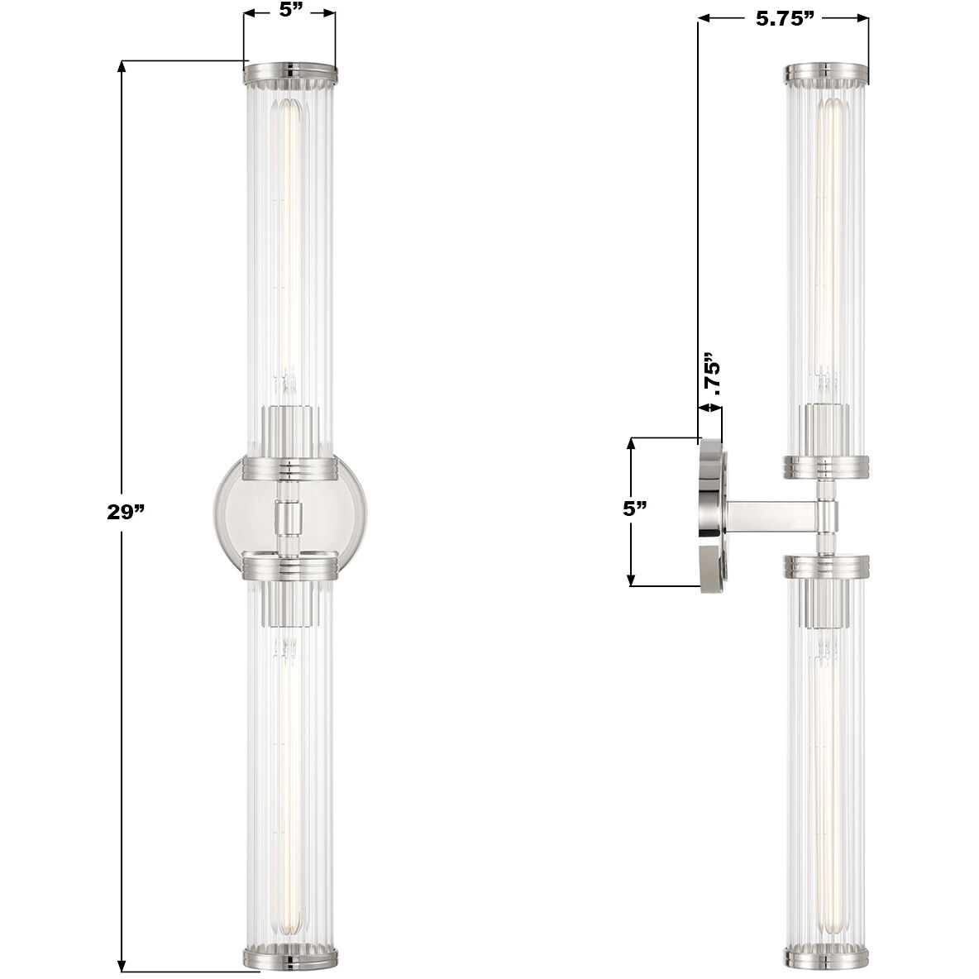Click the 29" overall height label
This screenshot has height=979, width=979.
click(126, 512)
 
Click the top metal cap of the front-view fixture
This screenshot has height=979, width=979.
click(289, 74)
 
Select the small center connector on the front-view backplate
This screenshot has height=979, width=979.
click(289, 518)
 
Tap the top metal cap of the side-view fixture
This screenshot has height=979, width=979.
click(826, 74)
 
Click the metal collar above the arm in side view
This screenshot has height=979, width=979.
click(826, 467)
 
